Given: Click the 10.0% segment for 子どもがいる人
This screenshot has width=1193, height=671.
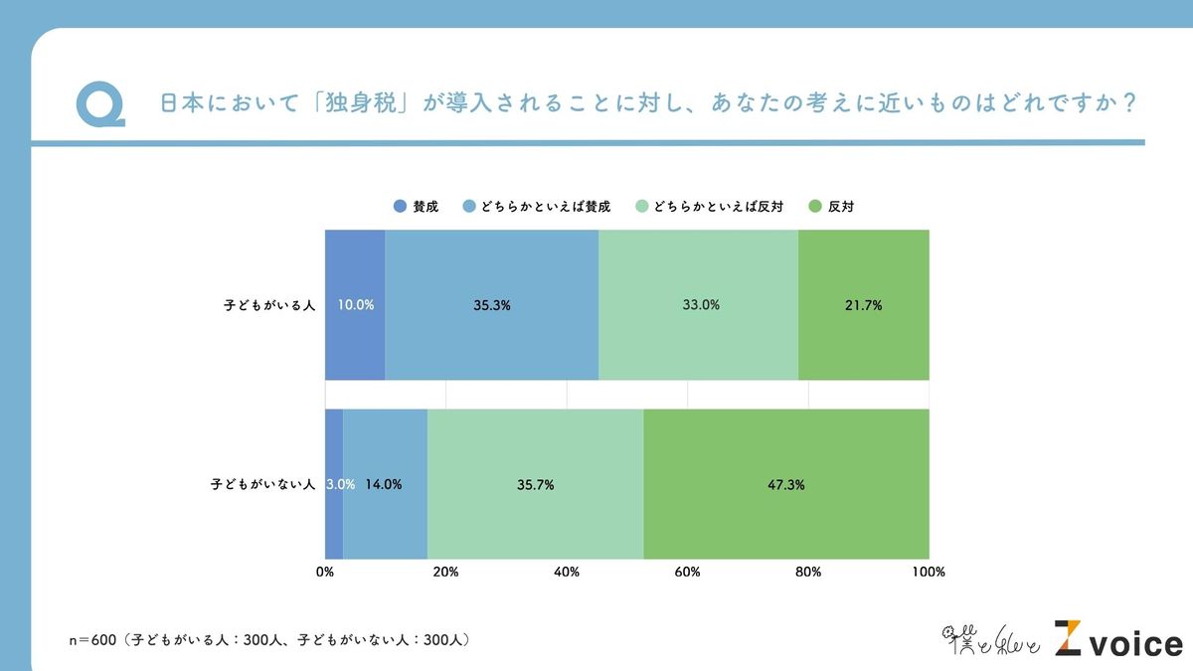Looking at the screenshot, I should point(355,304).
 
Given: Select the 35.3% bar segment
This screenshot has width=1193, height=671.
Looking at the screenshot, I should point(491,304).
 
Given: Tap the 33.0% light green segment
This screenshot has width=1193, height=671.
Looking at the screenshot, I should point(699,304).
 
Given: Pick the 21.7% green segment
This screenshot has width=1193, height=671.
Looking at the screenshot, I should point(863,304).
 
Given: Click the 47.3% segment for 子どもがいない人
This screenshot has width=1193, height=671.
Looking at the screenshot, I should point(785,484).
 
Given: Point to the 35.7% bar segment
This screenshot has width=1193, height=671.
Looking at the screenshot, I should point(535,484).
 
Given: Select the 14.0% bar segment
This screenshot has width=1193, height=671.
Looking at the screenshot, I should point(385,484).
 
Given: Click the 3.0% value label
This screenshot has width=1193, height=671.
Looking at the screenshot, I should point(341,485).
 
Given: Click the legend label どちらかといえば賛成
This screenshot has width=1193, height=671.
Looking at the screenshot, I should point(545,207).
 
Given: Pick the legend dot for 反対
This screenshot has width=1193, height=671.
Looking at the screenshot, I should point(815,207).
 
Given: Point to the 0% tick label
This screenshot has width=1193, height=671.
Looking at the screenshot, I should point(325,572).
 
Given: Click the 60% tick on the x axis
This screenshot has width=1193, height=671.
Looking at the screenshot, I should point(687,572).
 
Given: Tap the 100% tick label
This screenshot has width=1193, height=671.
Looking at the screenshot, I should point(929,572).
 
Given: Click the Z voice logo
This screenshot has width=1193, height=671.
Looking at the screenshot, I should point(1118,640).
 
